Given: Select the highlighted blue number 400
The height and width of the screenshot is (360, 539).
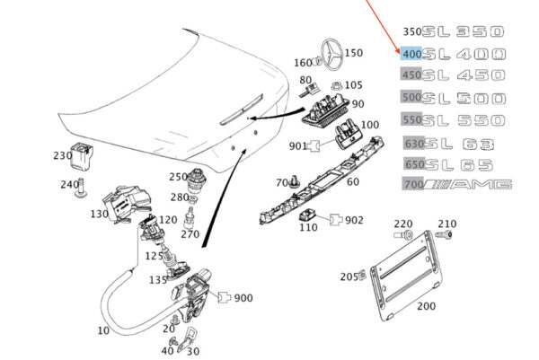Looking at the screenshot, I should coord(411,55).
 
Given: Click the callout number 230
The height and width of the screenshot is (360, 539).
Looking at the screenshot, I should coord(62,154).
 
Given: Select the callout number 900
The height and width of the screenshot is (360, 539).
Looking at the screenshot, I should coord(243,298).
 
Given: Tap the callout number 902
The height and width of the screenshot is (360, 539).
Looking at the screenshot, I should coord(354,219).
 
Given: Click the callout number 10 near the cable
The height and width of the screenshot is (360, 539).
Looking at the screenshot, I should coord(103,330).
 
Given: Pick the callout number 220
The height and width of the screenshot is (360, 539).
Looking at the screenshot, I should coord(402,224).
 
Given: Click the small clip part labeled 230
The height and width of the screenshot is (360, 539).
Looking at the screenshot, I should coord(86,156).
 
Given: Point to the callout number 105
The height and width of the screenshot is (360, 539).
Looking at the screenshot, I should coord(353,85).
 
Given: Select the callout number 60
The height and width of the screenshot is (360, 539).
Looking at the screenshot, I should coord(352,182).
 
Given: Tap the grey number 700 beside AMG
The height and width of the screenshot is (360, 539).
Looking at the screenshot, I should coord(411,185).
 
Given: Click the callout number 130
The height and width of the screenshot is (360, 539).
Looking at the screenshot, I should coord(99,215).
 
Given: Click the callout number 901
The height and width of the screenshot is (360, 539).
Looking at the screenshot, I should coord(297,146).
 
